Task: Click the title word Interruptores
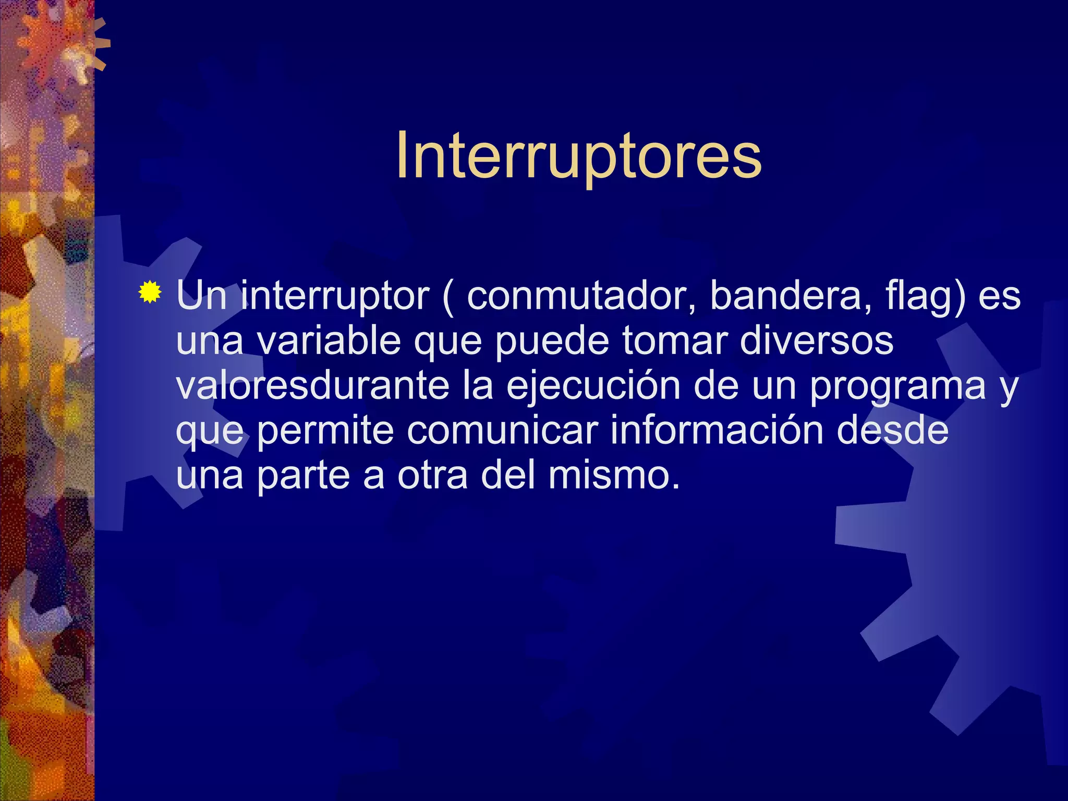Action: pyautogui.click(x=578, y=156)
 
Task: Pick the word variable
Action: pyautogui.click(x=329, y=341)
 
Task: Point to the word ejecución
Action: pyautogui.click(x=593, y=386)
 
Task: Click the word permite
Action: pyautogui.click(x=325, y=430)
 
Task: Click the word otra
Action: pyautogui.click(x=433, y=475)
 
